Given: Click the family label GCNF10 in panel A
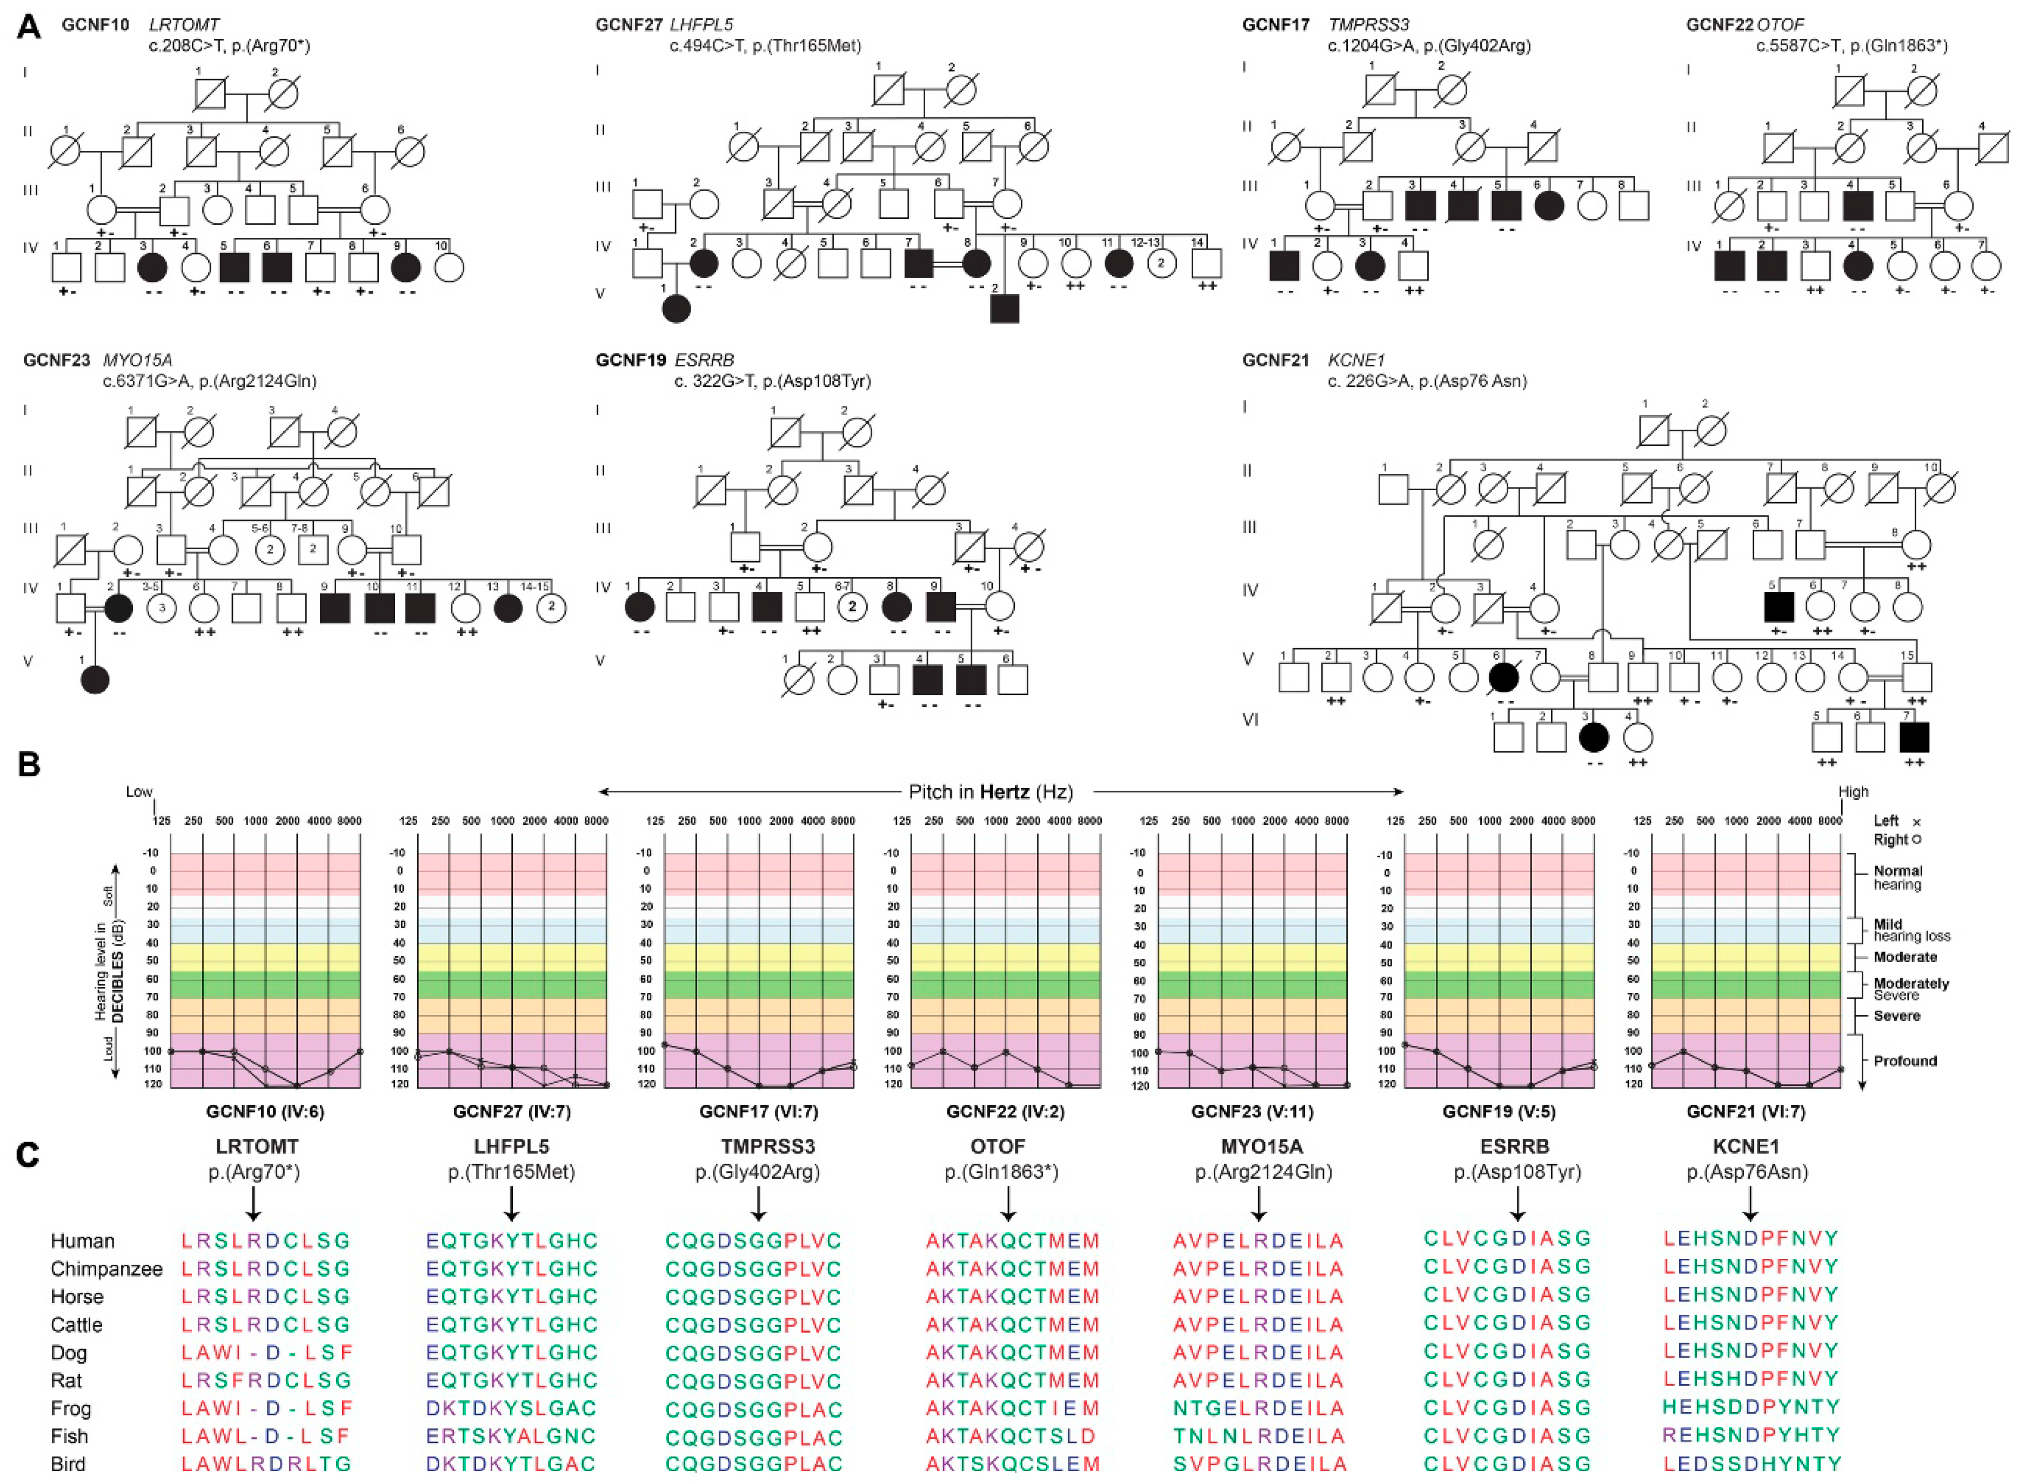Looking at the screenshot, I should [x=95, y=25].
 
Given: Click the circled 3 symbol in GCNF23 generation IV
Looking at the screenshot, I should [x=162, y=608].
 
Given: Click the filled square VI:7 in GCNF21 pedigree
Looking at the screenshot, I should [x=1914, y=737].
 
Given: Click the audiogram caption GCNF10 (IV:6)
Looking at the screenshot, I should [x=265, y=1111].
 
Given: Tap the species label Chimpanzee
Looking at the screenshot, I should [x=106, y=1269].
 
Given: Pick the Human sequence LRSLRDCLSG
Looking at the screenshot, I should [x=265, y=1241].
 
